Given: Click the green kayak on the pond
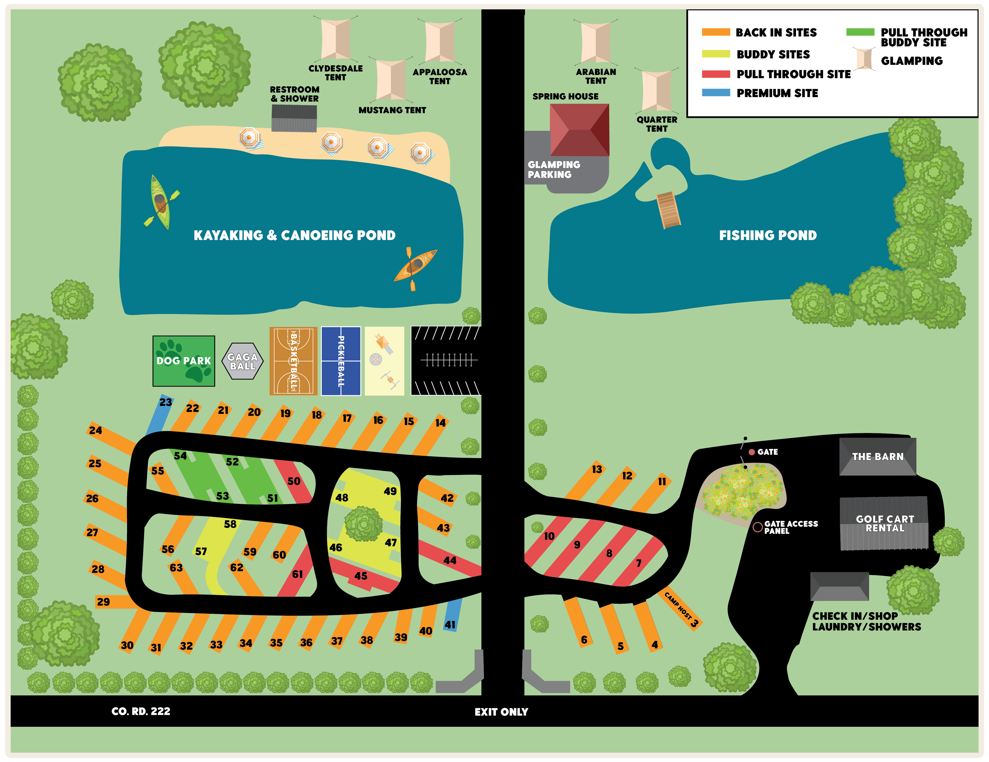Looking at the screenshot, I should [x=161, y=202].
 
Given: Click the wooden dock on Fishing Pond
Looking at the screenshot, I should [x=668, y=209].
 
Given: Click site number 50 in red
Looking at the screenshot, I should [x=293, y=481].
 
